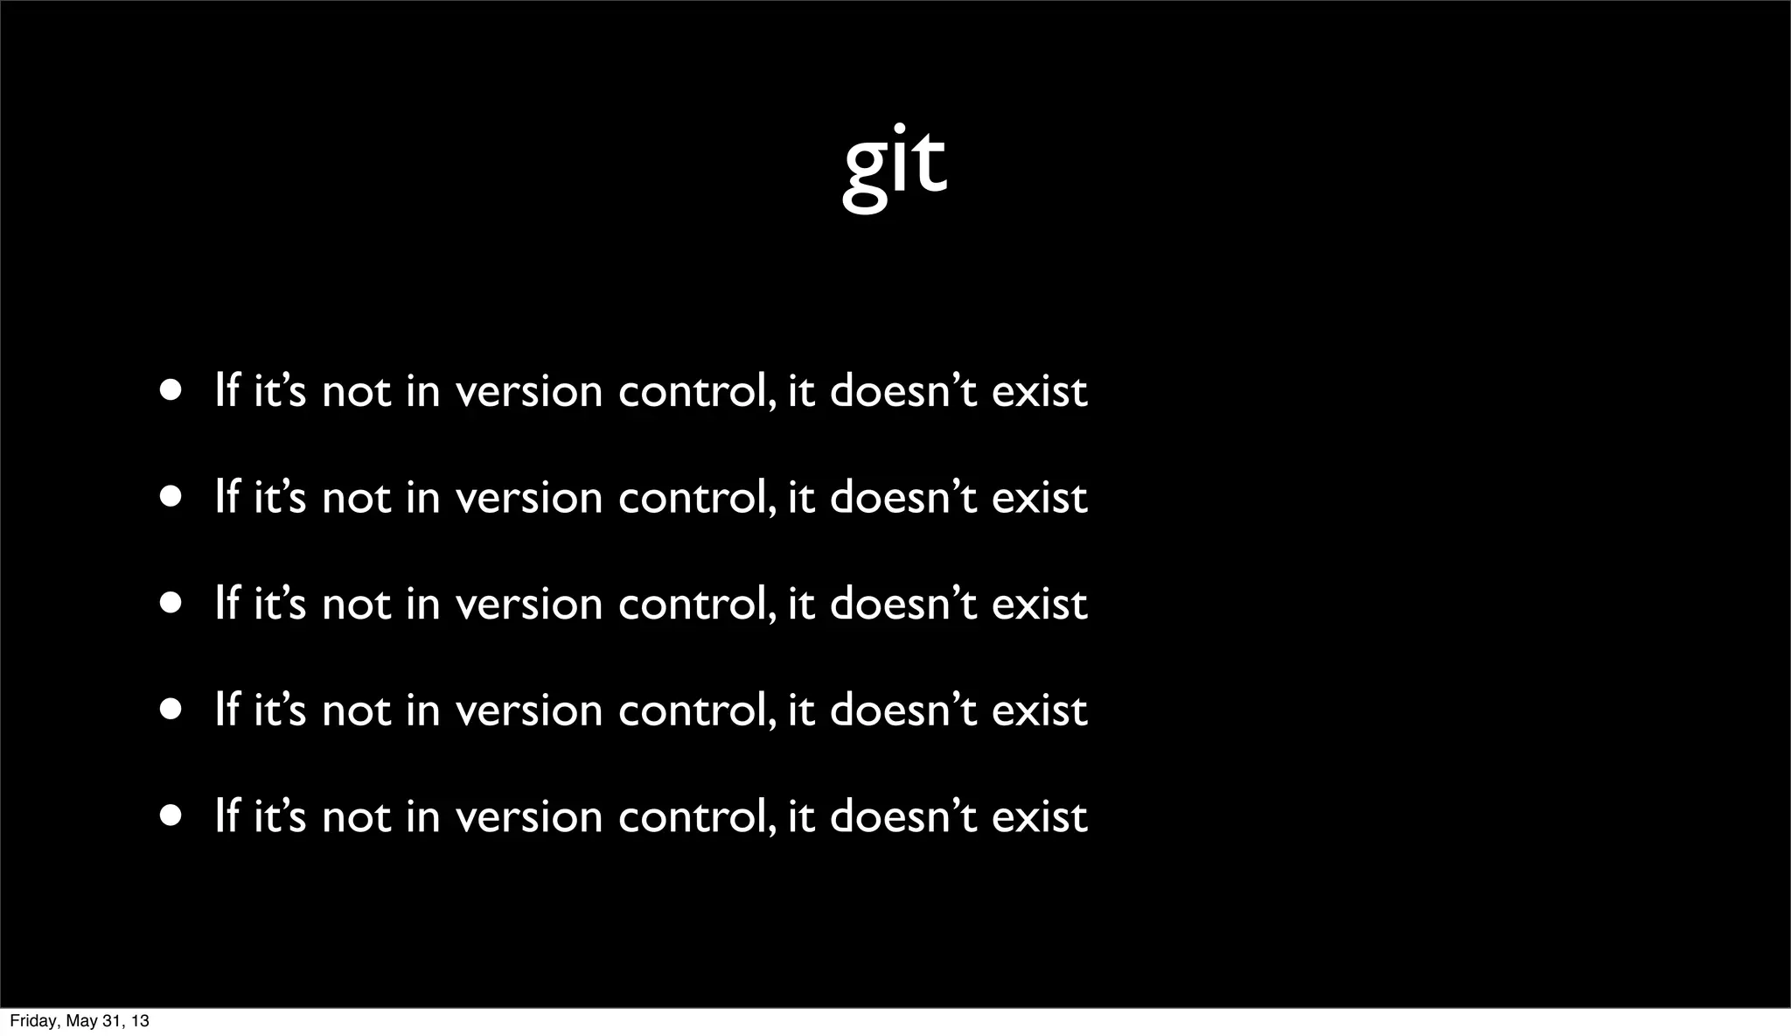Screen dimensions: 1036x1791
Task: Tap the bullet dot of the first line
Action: point(171,390)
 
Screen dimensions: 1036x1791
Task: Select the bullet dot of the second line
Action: point(171,497)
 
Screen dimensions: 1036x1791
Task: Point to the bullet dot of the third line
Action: point(171,604)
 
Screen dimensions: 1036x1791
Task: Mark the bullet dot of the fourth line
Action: point(171,710)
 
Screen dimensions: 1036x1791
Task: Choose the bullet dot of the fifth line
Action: point(171,816)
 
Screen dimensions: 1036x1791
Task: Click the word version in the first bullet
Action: point(530,392)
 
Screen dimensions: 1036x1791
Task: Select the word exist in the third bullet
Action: point(1039,605)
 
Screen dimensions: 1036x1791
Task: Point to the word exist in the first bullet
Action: point(1039,392)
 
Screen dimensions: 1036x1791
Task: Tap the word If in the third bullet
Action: point(226,605)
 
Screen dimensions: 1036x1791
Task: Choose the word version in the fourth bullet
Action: point(530,710)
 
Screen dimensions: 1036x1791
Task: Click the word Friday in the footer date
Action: point(31,1021)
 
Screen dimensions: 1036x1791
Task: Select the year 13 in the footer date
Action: point(139,1021)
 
